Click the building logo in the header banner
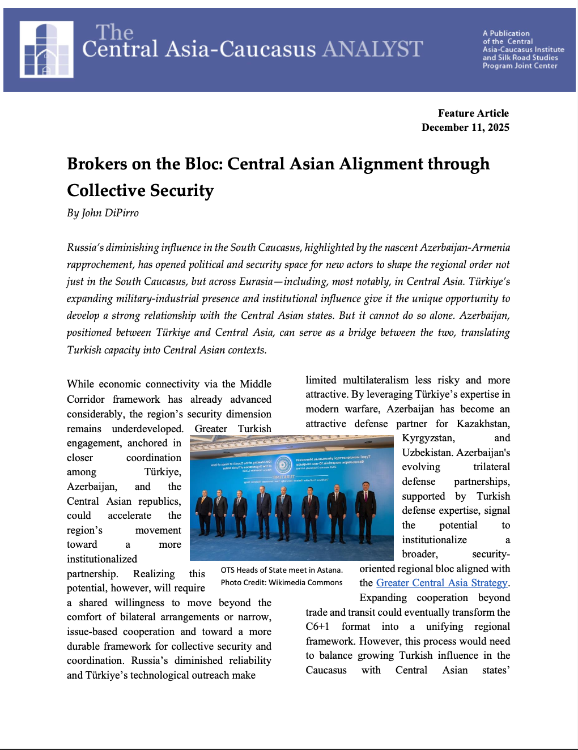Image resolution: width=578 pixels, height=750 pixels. [46, 49]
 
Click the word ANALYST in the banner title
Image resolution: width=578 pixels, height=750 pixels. [373, 49]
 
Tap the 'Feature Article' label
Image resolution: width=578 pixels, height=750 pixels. [473, 113]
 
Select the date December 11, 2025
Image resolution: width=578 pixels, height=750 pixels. [465, 127]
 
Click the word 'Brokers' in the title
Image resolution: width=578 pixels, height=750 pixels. [97, 164]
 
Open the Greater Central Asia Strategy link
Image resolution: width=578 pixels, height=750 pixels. [442, 583]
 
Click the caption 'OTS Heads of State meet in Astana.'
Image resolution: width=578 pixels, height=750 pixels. [282, 570]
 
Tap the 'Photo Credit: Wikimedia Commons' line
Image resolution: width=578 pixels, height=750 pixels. [282, 582]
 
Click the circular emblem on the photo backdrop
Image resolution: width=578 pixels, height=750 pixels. [283, 465]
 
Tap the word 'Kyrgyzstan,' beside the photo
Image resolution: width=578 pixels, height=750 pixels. [428, 438]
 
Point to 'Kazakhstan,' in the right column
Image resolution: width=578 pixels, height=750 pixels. [483, 424]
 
